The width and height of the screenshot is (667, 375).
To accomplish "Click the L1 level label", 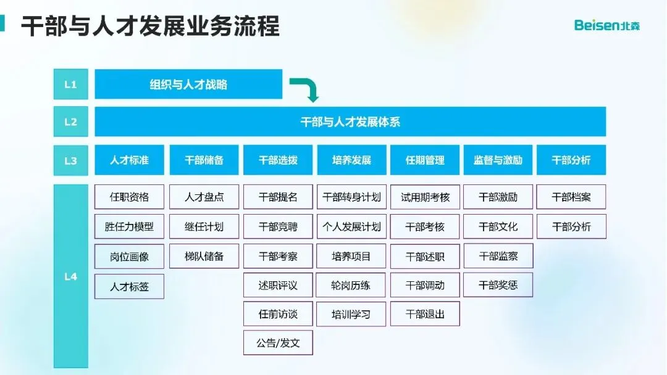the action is (70, 84).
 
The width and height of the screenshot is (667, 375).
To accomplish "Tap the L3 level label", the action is (70, 160).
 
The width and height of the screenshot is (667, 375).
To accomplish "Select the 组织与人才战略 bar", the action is (188, 84).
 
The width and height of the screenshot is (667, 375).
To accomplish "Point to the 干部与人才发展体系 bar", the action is (350, 122).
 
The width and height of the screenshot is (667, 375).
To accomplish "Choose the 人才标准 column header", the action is (129, 160).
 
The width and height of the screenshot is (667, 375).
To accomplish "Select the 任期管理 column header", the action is (425, 160).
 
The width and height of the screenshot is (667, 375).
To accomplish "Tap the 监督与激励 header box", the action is (498, 160).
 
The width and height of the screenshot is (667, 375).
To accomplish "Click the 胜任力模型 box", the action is (129, 226).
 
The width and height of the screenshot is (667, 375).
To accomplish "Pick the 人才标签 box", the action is (129, 286).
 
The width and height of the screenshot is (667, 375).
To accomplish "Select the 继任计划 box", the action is (204, 226).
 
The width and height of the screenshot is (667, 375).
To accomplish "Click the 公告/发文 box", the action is (278, 343).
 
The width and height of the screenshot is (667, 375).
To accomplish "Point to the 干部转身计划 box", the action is (351, 197).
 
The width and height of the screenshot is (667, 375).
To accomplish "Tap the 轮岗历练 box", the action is (351, 285).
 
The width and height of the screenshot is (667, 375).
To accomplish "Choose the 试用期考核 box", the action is (425, 197).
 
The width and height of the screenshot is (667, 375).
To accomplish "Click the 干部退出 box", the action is (425, 314).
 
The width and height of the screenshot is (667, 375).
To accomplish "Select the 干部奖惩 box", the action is (498, 285).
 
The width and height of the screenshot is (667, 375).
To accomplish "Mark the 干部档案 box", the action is (571, 197).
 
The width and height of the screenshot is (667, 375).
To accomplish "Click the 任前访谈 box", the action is (278, 314).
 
